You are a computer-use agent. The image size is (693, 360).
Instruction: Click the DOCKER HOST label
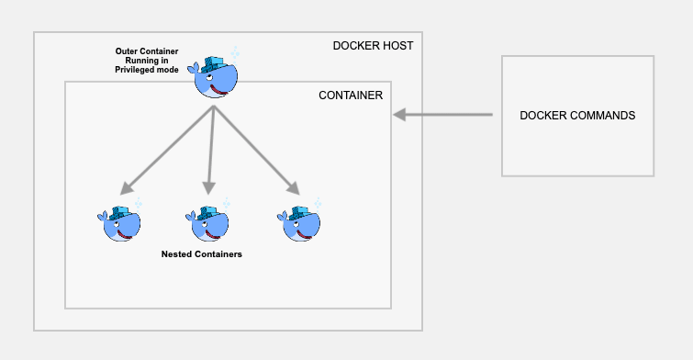click(x=374, y=47)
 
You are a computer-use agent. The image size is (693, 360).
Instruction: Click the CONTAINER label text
click(x=351, y=95)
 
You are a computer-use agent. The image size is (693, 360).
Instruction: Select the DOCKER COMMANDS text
click(x=577, y=116)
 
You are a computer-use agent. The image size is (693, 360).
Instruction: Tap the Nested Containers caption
click(x=201, y=253)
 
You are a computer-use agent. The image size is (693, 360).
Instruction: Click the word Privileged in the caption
click(x=138, y=70)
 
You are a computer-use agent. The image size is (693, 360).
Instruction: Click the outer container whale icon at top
click(x=216, y=75)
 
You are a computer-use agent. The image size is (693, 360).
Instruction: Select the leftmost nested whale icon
click(x=120, y=222)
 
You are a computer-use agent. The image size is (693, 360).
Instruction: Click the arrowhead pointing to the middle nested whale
click(x=209, y=188)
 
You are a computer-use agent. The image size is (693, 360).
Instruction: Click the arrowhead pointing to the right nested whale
click(x=293, y=189)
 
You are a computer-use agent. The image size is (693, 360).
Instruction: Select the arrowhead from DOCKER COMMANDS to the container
click(x=400, y=115)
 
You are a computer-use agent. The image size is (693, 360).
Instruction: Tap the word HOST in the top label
click(x=398, y=47)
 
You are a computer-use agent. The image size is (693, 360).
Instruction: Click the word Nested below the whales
click(x=177, y=253)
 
